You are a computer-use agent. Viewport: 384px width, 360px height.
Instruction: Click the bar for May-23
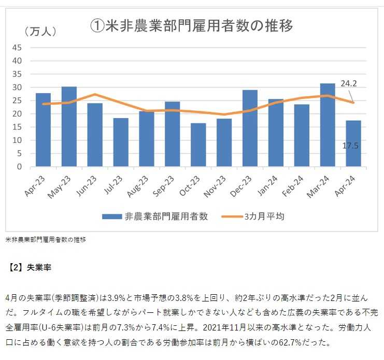coord(69,127)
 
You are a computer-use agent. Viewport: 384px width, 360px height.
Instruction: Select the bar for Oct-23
coord(198,145)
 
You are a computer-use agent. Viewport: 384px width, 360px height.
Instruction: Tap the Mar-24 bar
coord(328,125)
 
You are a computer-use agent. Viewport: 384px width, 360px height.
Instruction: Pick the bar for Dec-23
coord(250,128)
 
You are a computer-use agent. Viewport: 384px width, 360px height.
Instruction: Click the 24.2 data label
coord(348,83)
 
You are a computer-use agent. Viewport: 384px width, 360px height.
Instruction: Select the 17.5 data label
coord(351,146)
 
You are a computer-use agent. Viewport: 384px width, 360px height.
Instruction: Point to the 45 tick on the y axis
coord(17,48)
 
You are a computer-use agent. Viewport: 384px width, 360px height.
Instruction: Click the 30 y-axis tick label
coord(17,88)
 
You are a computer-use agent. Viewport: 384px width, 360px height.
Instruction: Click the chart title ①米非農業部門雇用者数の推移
coord(192,26)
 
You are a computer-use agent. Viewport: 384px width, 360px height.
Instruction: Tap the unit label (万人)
coord(40,31)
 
